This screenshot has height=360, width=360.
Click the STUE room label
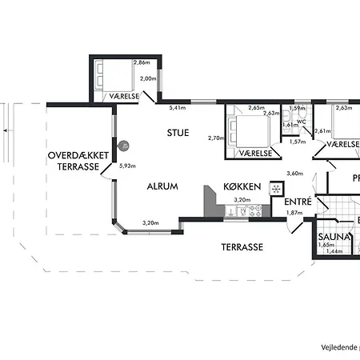pyautogui.click(x=178, y=133)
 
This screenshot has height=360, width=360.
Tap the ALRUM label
pyautogui.click(x=162, y=186)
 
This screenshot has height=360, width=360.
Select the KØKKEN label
pyautogui.click(x=242, y=186)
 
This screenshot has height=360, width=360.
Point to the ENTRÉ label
pyautogui.click(x=298, y=202)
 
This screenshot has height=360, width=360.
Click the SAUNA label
pyautogui.click(x=331, y=238)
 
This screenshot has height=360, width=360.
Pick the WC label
pyautogui.click(x=301, y=122)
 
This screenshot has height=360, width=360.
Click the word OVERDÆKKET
pyautogui.click(x=74, y=155)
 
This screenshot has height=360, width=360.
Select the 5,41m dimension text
pyautogui.click(x=178, y=108)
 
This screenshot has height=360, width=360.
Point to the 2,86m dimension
pyautogui.click(x=142, y=62)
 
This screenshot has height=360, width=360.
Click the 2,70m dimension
pyautogui.click(x=215, y=138)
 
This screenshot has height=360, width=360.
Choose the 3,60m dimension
pyautogui.click(x=294, y=173)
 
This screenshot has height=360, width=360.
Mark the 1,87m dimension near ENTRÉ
pyautogui.click(x=294, y=213)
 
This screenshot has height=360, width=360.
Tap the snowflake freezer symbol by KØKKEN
pyautogui.click(x=276, y=189)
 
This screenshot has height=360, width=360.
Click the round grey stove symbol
pyautogui.click(x=124, y=145)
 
